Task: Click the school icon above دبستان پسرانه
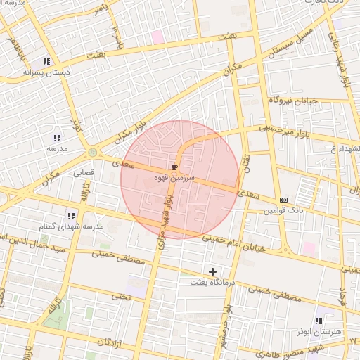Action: [x=46, y=61]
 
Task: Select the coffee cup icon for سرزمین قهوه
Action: [x=174, y=167]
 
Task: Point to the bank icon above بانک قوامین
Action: [x=283, y=199]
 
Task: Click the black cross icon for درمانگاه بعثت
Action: [x=212, y=271]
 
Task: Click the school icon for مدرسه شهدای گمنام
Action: [x=70, y=216]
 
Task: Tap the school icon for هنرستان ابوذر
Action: [x=319, y=321]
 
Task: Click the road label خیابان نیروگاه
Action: [x=293, y=101]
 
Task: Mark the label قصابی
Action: [x=84, y=172]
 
